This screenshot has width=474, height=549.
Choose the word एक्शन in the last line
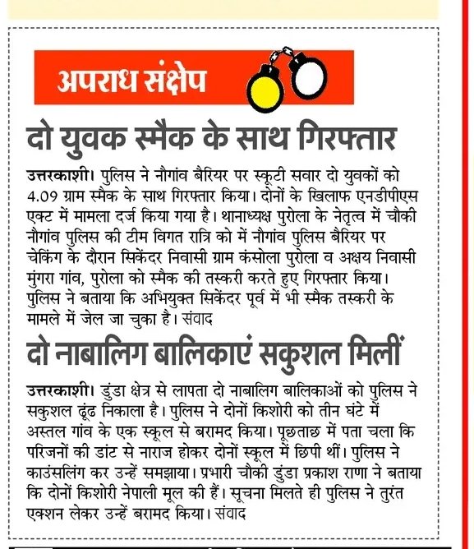coord(50,514)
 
